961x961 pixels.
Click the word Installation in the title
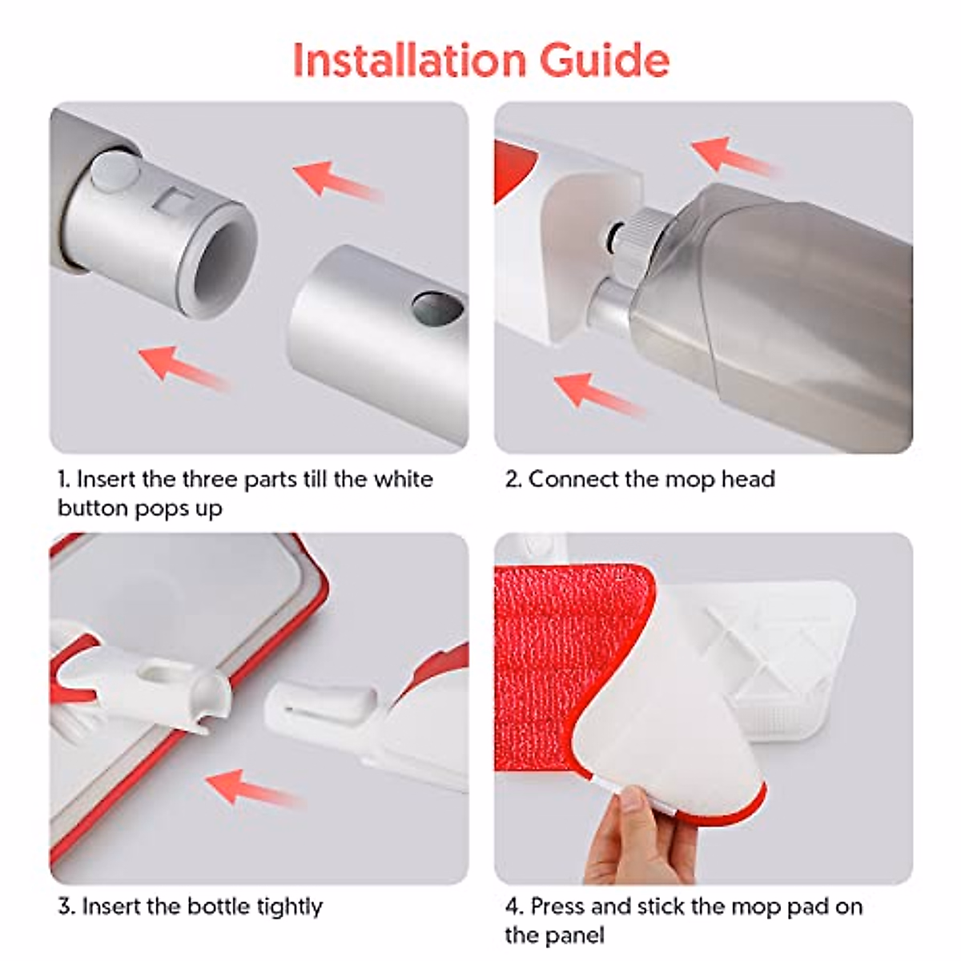click(408, 59)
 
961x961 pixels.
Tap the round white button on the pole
click(111, 171)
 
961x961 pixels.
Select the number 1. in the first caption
click(64, 480)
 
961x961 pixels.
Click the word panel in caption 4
click(577, 935)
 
